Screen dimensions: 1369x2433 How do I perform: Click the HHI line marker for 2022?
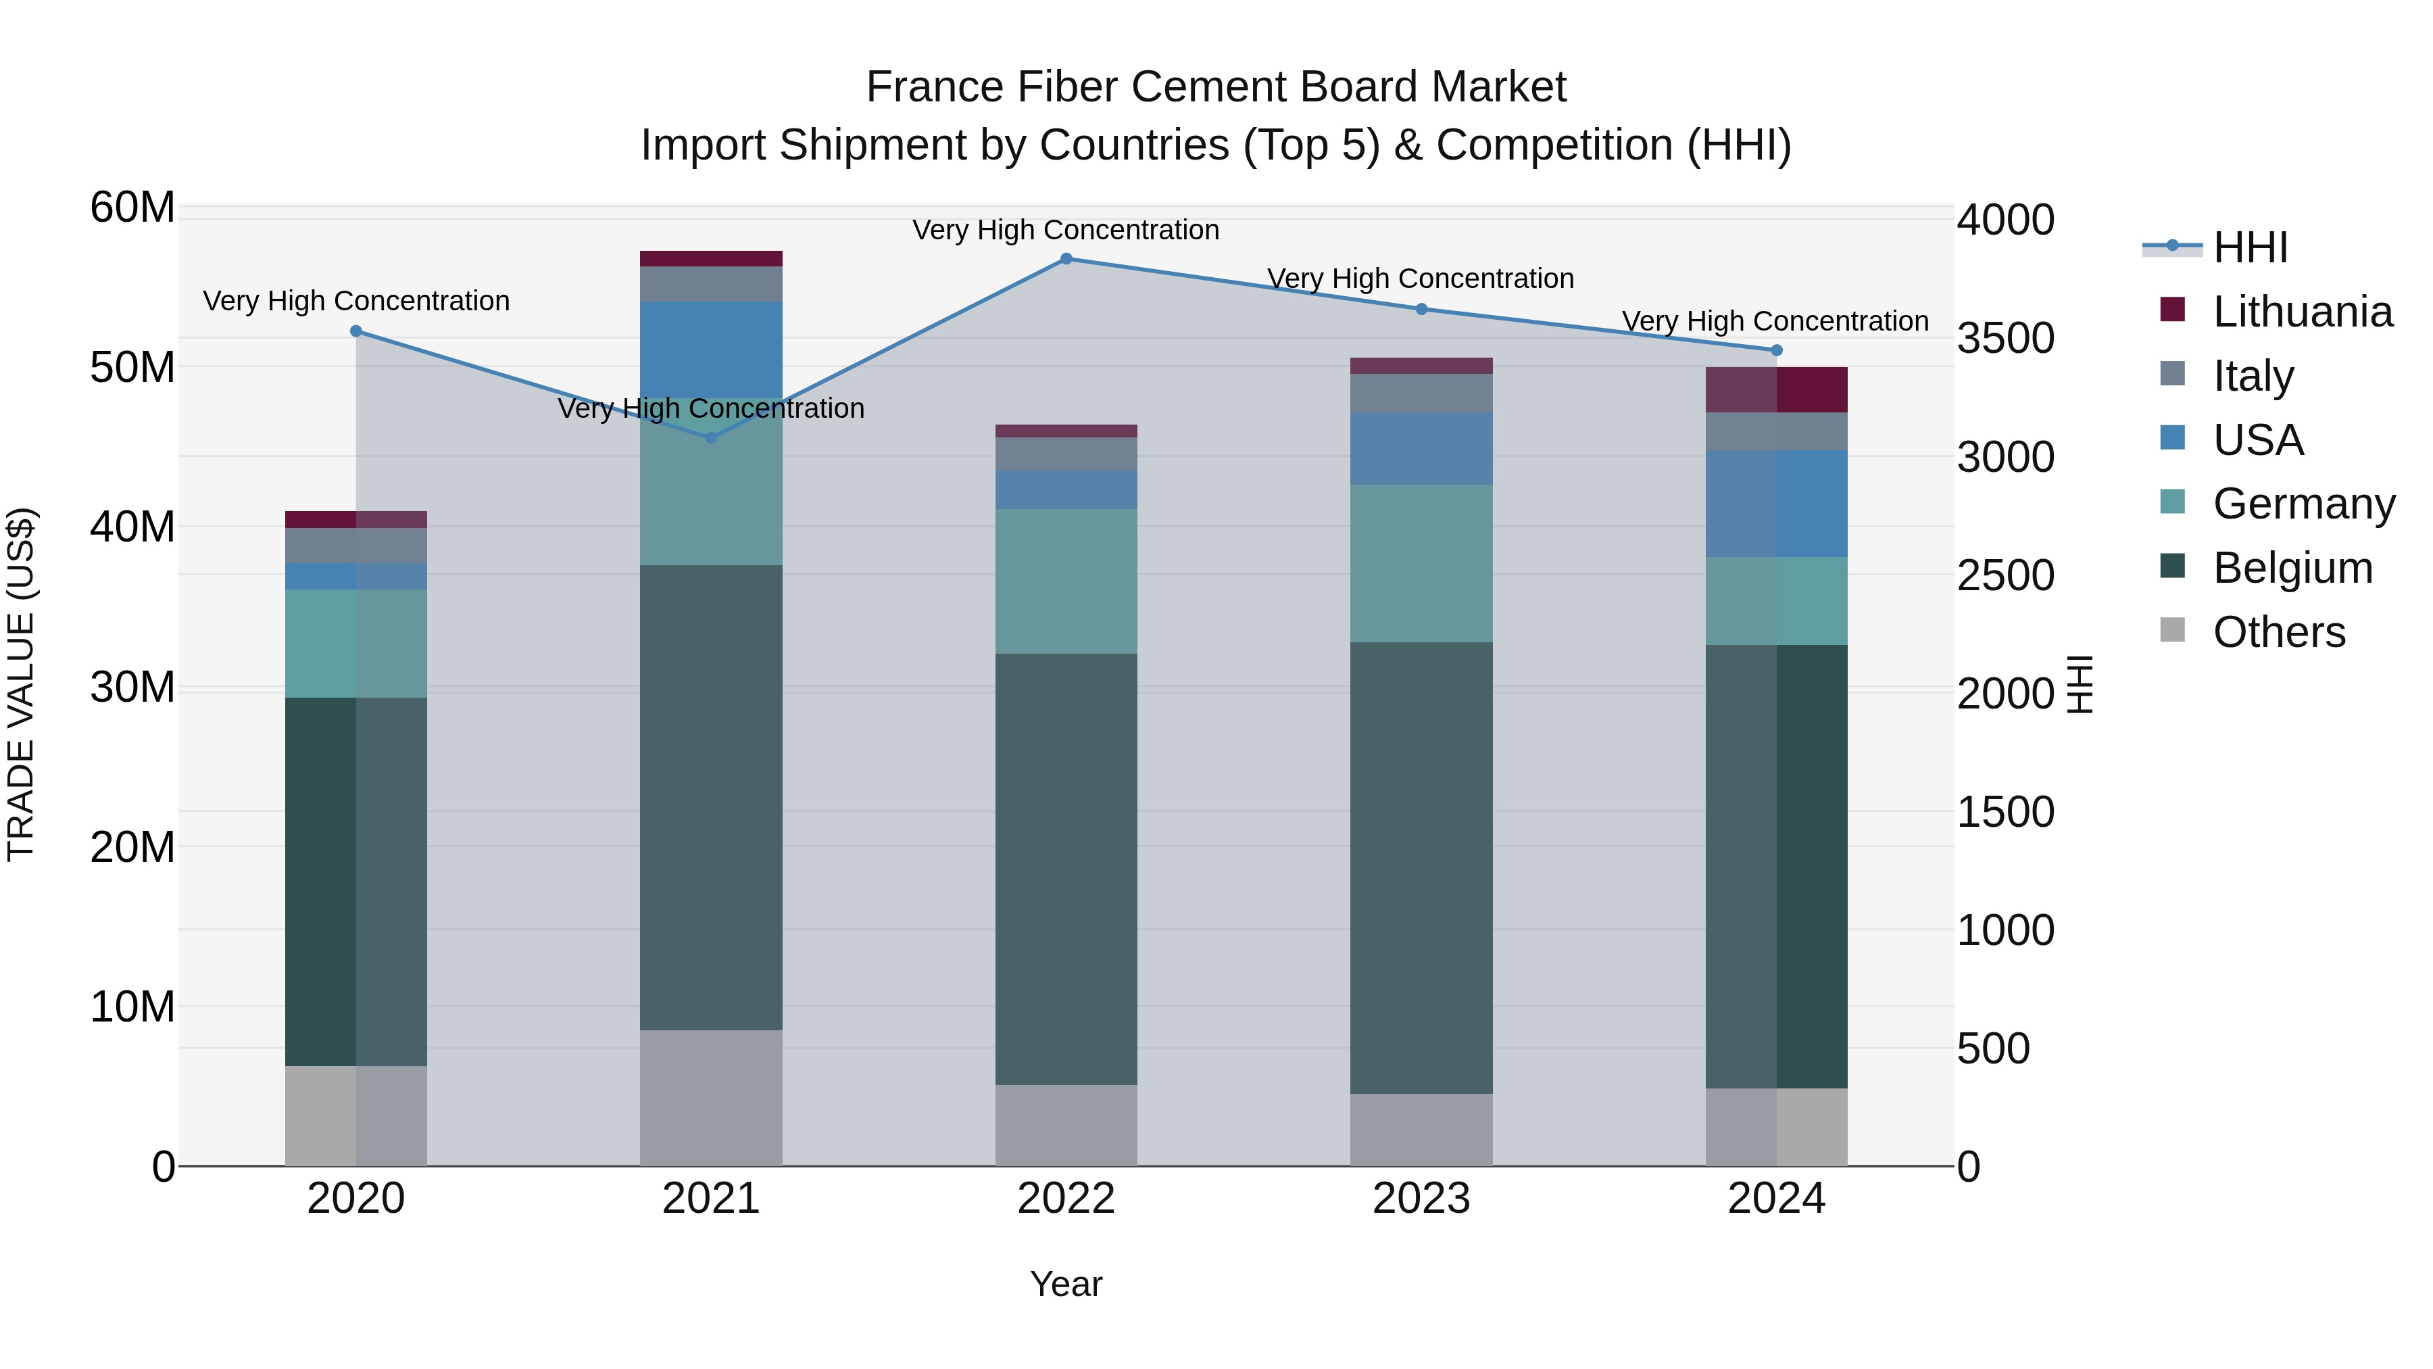(1066, 259)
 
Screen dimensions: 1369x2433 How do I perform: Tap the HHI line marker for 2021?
(711, 437)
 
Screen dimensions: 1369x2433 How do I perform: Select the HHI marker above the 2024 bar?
(1777, 350)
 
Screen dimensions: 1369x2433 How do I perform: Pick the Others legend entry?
(2278, 632)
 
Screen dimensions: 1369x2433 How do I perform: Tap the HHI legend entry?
(2248, 247)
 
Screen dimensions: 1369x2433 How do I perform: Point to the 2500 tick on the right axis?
(2005, 575)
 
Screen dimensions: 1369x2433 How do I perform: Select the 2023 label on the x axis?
(1421, 1199)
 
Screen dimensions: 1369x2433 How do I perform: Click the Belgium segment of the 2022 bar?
(1066, 869)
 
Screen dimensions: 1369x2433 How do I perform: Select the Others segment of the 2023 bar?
(1421, 1130)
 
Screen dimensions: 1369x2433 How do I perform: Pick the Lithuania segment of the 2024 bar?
(1777, 390)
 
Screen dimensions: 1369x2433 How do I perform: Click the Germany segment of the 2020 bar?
(356, 644)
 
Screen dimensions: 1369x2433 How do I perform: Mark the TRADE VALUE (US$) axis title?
(21, 684)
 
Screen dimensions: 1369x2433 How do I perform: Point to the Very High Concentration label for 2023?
(1421, 279)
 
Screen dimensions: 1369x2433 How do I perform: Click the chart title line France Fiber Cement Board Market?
(1216, 87)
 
